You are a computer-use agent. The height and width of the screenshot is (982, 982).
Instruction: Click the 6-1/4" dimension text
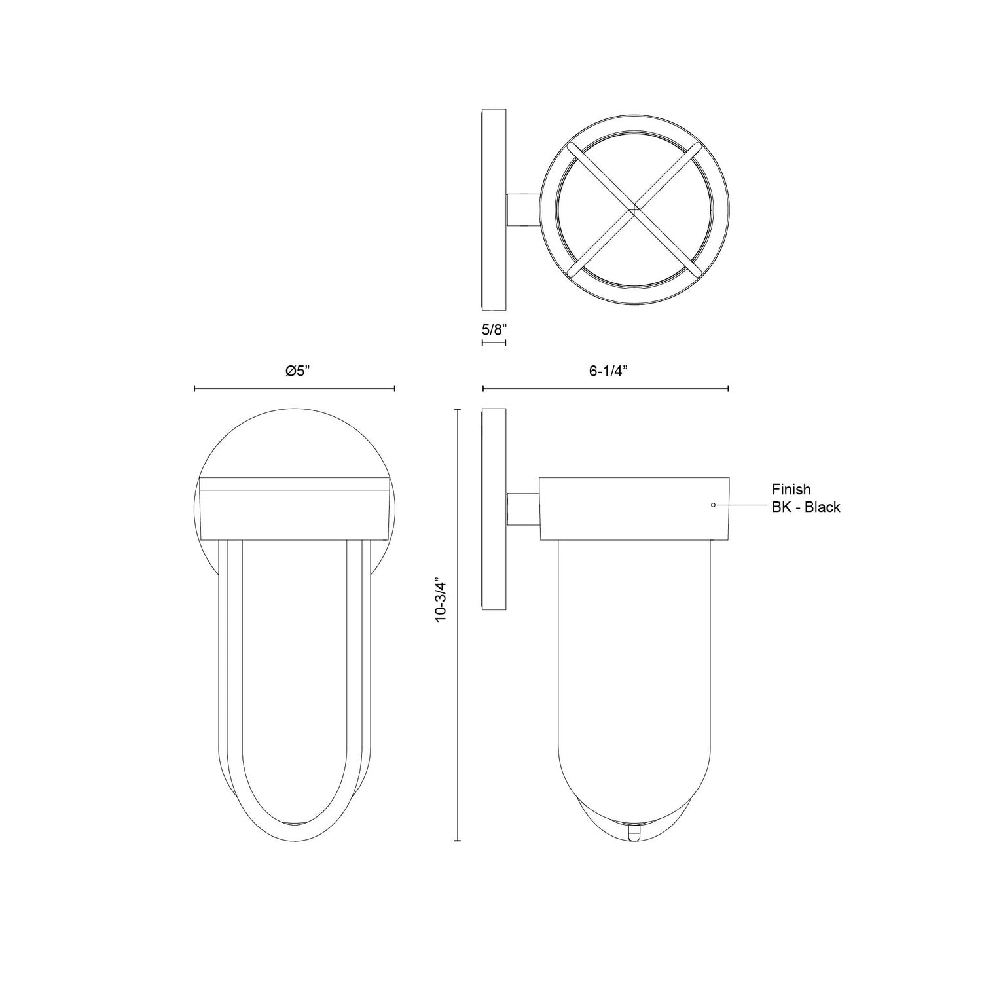[608, 371]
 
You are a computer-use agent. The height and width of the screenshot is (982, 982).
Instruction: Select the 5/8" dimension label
[494, 329]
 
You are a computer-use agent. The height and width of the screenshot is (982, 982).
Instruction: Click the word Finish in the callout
[791, 489]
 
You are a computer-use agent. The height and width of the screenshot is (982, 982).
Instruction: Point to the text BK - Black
[805, 507]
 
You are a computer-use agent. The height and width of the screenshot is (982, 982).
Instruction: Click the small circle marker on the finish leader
[714, 505]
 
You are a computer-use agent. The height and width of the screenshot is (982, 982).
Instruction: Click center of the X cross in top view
[633, 210]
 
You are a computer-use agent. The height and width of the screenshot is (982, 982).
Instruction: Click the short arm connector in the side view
[523, 509]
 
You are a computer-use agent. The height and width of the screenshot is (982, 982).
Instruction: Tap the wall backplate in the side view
[494, 509]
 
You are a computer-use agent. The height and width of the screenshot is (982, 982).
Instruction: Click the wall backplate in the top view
[494, 209]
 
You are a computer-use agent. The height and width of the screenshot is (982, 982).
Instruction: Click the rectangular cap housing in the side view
[634, 509]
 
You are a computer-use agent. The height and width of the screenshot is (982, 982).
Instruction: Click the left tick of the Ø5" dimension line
[195, 389]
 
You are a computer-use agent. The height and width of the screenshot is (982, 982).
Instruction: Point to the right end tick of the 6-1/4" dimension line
[729, 389]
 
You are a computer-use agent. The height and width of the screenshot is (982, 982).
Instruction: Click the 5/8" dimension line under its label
[494, 342]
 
